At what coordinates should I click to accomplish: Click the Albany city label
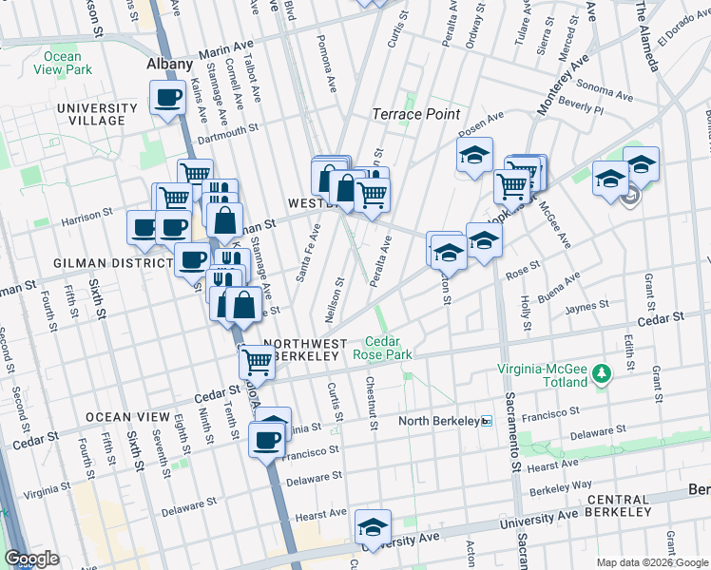click(170, 65)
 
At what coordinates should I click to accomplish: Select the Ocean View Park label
click(63, 63)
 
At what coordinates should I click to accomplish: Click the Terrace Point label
click(414, 114)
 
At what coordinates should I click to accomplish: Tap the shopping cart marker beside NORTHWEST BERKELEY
click(257, 360)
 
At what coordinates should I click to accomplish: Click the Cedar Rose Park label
click(383, 348)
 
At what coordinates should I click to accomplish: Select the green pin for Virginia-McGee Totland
click(601, 375)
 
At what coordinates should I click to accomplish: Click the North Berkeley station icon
click(486, 421)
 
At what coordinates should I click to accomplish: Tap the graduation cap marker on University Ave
click(373, 526)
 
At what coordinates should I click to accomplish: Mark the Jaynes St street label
click(585, 306)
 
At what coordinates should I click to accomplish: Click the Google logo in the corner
click(31, 559)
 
